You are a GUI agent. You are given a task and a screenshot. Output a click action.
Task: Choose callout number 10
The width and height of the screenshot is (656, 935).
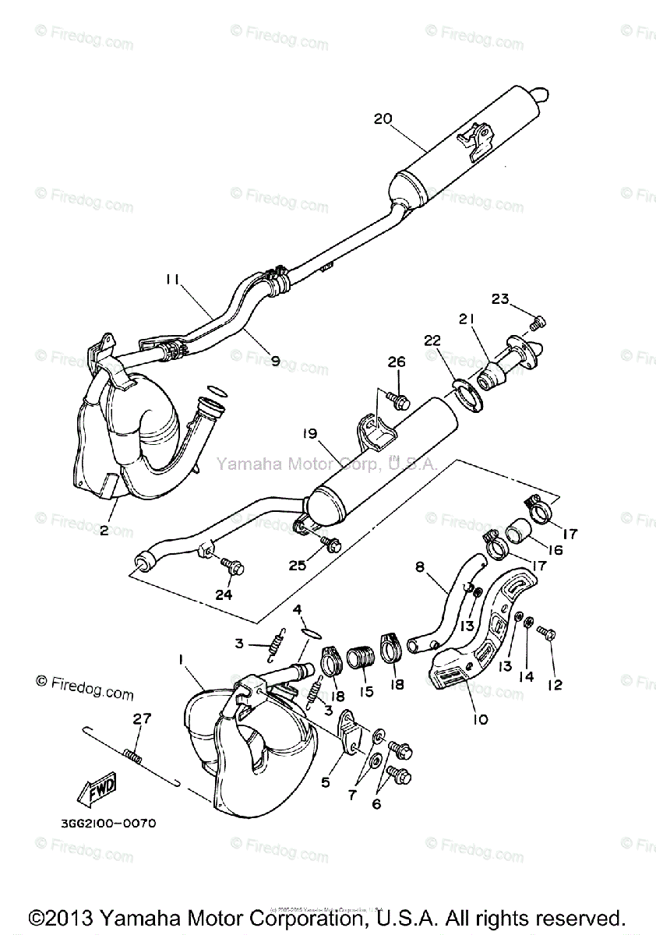tap(480, 719)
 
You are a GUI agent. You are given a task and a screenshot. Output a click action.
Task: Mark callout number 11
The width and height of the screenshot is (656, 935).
tap(173, 277)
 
